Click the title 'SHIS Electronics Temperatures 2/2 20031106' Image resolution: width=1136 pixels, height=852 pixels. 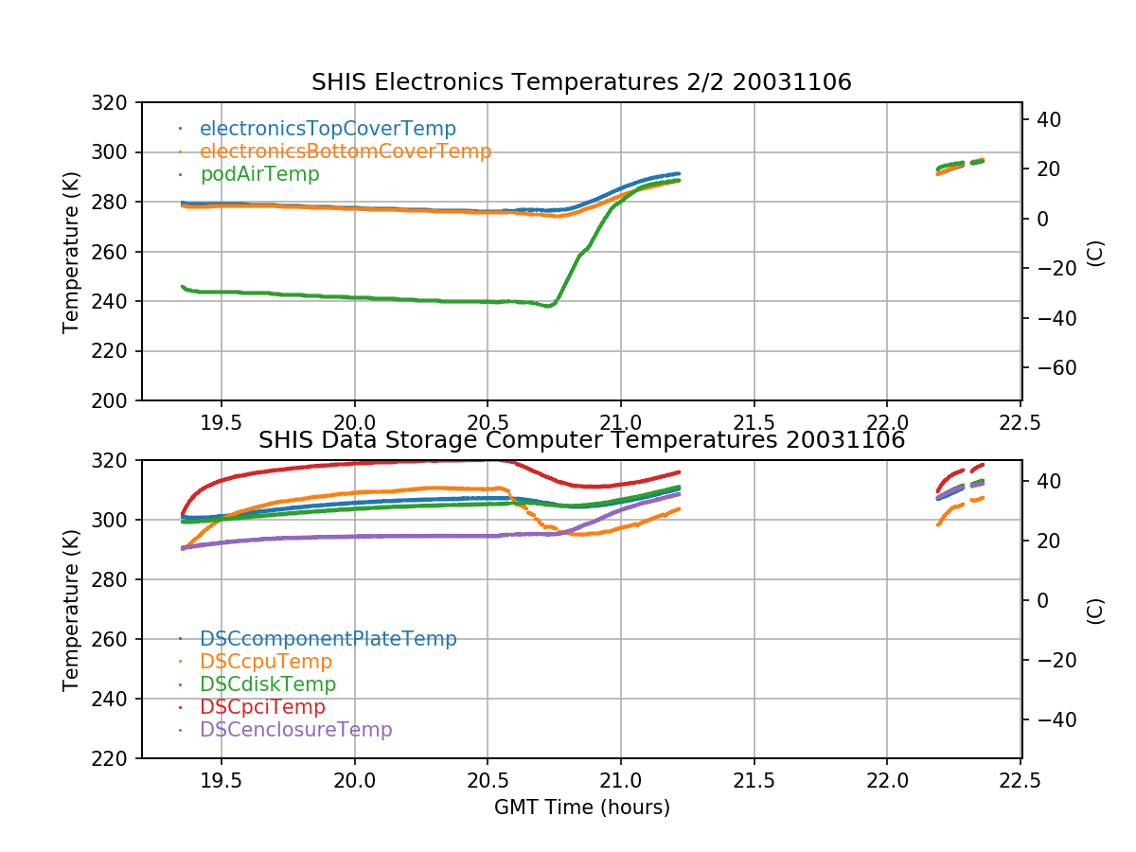581,82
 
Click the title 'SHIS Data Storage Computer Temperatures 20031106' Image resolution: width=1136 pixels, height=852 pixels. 581,440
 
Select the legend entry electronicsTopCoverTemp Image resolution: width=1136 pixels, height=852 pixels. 328,129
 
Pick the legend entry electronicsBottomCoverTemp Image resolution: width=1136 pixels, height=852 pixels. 346,151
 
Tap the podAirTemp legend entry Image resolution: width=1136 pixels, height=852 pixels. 259,174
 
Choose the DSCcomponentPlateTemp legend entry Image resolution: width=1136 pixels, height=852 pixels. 328,639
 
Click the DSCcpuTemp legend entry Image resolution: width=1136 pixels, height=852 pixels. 266,662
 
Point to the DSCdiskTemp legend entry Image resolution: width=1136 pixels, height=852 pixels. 268,684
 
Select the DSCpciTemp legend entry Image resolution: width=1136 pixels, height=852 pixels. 262,707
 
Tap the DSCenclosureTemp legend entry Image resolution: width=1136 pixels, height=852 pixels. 295,730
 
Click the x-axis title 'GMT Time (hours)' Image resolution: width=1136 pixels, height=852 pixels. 581,808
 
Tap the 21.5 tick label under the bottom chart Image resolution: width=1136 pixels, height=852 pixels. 754,781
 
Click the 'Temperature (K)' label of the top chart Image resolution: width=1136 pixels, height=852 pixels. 71,252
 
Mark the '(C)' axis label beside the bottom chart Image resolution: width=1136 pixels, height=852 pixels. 1095,610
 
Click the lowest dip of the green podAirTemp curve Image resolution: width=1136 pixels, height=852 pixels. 548,306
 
